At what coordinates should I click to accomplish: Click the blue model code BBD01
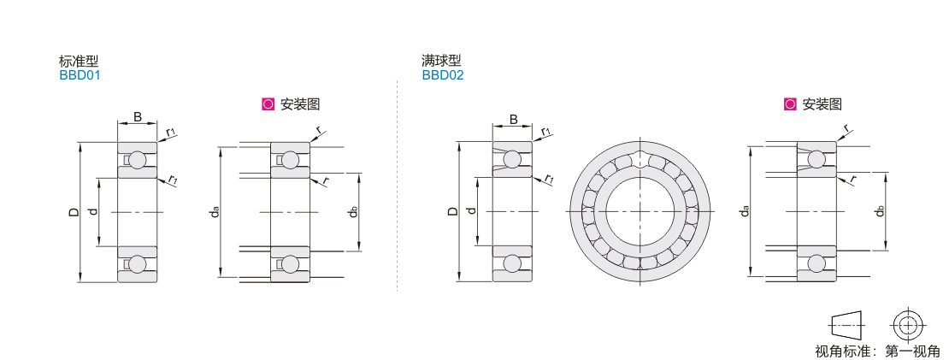(80, 75)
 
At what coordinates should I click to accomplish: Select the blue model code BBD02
(442, 75)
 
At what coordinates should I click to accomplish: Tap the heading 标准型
(79, 61)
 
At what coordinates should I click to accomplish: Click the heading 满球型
(441, 61)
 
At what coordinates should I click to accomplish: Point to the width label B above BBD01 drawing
(138, 117)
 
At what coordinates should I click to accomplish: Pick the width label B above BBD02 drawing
(513, 119)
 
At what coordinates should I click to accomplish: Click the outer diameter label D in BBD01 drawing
(74, 212)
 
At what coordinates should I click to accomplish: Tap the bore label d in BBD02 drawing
(472, 211)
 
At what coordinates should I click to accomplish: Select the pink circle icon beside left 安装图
(268, 104)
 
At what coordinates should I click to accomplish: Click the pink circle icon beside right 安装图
(790, 104)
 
